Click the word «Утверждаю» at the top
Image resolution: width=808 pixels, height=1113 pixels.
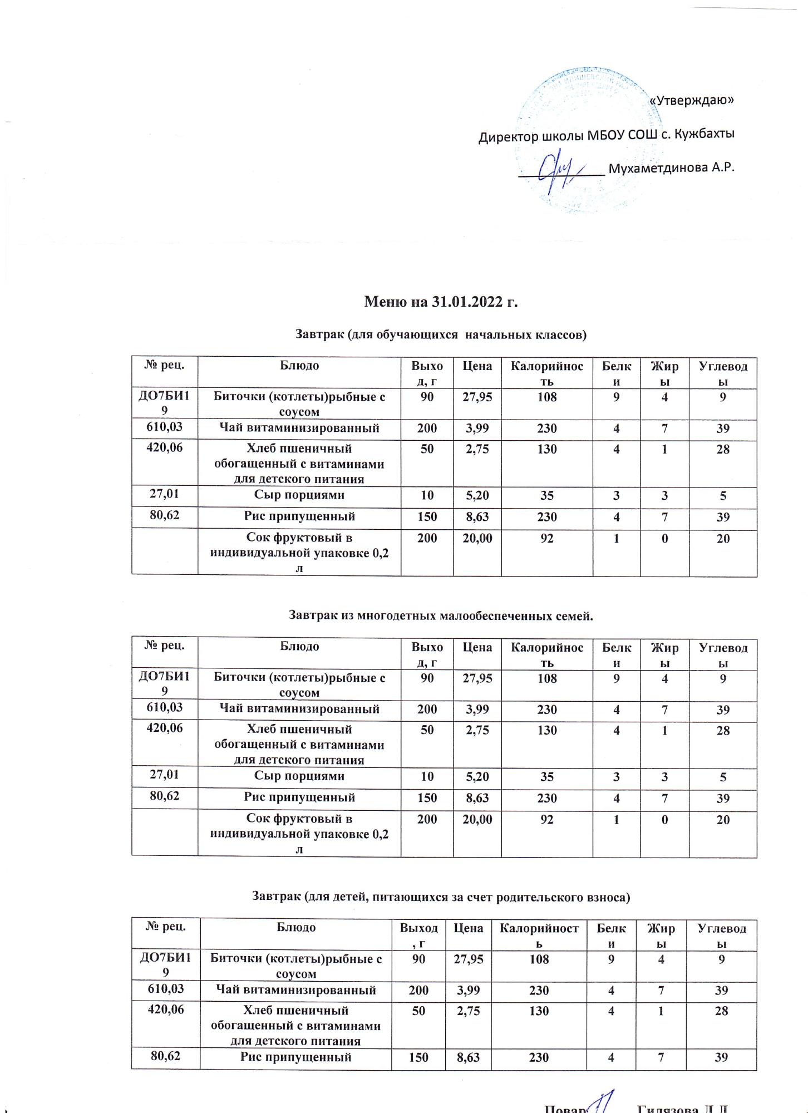692,100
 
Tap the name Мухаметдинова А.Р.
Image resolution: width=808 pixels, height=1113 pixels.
672,168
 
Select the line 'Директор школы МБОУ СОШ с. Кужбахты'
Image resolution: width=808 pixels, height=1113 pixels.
607,135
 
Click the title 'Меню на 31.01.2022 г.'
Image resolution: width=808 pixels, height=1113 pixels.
441,302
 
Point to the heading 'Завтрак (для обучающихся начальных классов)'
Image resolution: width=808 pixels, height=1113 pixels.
441,335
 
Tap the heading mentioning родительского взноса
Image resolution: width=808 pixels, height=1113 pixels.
441,897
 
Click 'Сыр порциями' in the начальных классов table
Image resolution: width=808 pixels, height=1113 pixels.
299,495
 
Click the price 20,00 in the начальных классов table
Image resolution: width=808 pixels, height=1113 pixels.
477,539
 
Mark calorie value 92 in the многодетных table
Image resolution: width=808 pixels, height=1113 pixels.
546,820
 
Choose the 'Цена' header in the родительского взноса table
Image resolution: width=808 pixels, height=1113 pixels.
468,928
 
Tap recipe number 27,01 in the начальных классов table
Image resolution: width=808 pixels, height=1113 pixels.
164,494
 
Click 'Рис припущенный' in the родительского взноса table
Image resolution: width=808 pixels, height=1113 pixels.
295,1057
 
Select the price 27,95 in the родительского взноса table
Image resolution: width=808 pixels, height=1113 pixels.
468,959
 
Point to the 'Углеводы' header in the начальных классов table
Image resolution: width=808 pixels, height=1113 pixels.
722,373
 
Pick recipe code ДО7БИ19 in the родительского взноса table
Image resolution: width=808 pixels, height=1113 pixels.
165,965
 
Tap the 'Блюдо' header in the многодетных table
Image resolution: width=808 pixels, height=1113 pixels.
299,647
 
